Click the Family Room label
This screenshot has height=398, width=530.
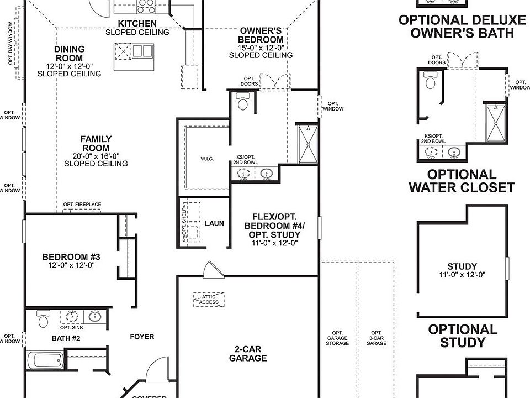[x=96, y=144]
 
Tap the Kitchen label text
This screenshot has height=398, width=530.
[x=137, y=24]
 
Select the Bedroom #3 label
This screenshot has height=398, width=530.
[x=71, y=257]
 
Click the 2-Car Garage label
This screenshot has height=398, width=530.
[x=248, y=353]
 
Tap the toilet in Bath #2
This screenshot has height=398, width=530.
[x=43, y=320]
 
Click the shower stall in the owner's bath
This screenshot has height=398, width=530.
[x=305, y=144]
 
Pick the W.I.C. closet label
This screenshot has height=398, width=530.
[x=206, y=160]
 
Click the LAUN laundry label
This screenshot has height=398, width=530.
[x=214, y=223]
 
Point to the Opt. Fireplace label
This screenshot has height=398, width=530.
[x=82, y=205]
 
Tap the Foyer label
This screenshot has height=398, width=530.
[x=142, y=337]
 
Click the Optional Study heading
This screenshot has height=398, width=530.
[x=463, y=336]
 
